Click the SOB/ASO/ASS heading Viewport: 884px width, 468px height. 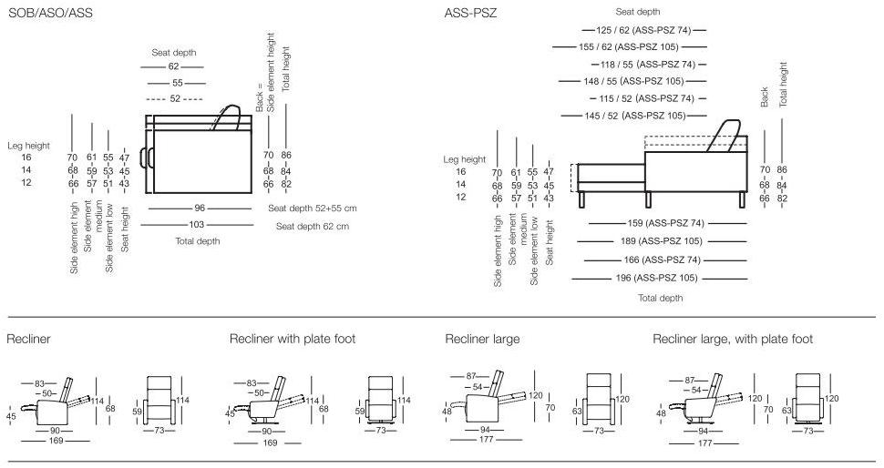coord(50,14)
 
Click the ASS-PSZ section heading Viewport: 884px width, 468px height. coord(470,14)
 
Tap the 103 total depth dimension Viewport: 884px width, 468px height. coord(197,224)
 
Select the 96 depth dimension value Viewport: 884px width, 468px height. coord(200,208)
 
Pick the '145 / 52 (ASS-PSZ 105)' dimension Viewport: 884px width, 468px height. coord(636,116)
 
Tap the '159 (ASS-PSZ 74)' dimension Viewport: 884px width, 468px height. coord(666,223)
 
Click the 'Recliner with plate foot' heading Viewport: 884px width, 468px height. coord(292,339)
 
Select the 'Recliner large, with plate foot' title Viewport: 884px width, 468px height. coord(732,339)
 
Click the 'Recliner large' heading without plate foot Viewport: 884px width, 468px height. coord(482,339)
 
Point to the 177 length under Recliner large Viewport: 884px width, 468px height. coord(486,440)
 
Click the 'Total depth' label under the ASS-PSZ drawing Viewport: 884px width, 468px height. coord(660,297)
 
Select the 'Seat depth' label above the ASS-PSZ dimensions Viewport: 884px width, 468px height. coord(637,12)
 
